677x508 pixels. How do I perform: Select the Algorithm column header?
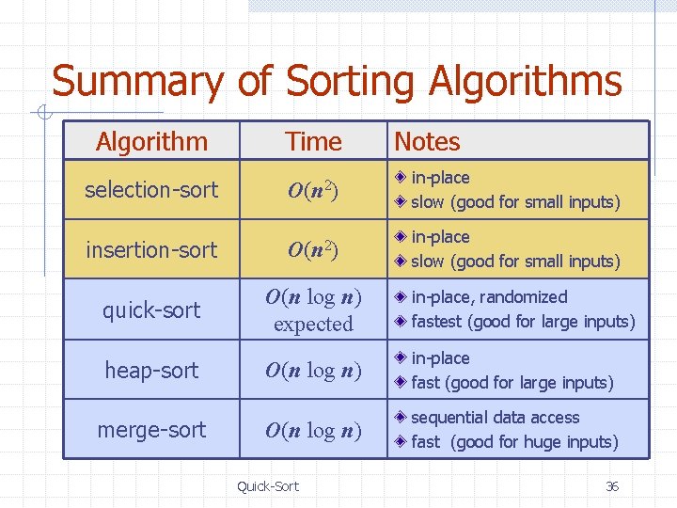click(x=151, y=142)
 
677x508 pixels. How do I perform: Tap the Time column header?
click(x=313, y=142)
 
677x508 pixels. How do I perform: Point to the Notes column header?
click(x=427, y=142)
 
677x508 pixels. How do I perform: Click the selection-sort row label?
click(x=151, y=190)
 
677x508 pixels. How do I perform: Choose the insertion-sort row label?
click(x=151, y=250)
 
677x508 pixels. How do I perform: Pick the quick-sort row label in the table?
click(x=151, y=310)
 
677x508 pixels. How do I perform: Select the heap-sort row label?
click(x=151, y=371)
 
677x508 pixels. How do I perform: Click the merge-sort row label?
click(x=151, y=430)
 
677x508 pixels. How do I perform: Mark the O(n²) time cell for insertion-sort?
click(x=313, y=250)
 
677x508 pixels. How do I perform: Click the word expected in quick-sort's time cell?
click(x=313, y=325)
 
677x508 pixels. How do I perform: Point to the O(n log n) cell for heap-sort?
click(x=313, y=371)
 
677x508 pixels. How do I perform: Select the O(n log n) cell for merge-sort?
click(x=313, y=431)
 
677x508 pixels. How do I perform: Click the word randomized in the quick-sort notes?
click(x=525, y=297)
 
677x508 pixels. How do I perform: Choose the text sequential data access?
click(x=496, y=418)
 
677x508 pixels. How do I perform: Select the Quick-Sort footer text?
click(x=268, y=486)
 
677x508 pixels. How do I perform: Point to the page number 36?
click(x=612, y=486)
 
